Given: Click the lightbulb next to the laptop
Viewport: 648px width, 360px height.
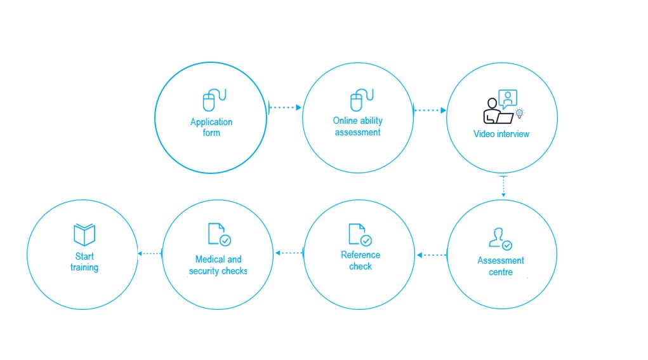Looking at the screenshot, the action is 520,113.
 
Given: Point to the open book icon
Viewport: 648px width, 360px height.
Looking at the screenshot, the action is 84,234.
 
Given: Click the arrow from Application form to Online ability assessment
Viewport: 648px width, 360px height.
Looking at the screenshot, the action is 285,107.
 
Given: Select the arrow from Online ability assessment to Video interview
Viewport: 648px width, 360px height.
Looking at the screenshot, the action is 430,110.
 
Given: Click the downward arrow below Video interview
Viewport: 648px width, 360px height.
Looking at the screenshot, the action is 503,187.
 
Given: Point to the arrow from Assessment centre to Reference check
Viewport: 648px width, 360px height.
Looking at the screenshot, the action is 432,255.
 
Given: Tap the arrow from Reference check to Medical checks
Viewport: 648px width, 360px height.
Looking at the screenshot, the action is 289,253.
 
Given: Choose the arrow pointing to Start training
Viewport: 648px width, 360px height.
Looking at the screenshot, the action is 150,253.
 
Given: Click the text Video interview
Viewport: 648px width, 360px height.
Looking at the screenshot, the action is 501,134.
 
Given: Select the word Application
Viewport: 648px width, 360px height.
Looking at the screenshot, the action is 211,123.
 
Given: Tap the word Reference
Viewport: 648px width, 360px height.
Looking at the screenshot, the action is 360,255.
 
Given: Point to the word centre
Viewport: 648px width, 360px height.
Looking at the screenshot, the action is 501,272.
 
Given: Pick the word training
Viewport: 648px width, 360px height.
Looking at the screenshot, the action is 84,267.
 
